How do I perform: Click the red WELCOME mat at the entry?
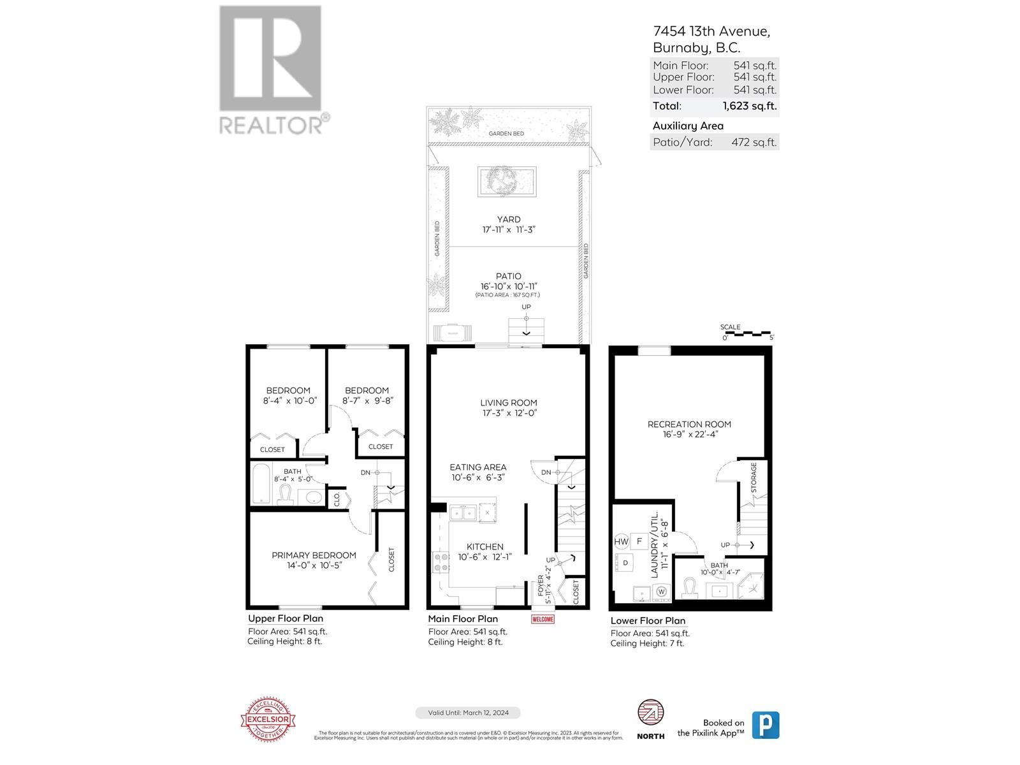(543, 619)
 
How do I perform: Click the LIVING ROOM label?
(509, 403)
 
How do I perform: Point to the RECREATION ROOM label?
(689, 424)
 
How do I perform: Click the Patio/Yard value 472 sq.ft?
(754, 142)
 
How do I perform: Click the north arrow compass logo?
(651, 712)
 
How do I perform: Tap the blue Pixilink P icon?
(766, 725)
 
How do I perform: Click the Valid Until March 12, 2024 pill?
(467, 713)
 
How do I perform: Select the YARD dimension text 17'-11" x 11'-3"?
(509, 229)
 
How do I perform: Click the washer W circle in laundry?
(661, 592)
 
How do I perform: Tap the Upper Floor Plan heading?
(286, 618)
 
